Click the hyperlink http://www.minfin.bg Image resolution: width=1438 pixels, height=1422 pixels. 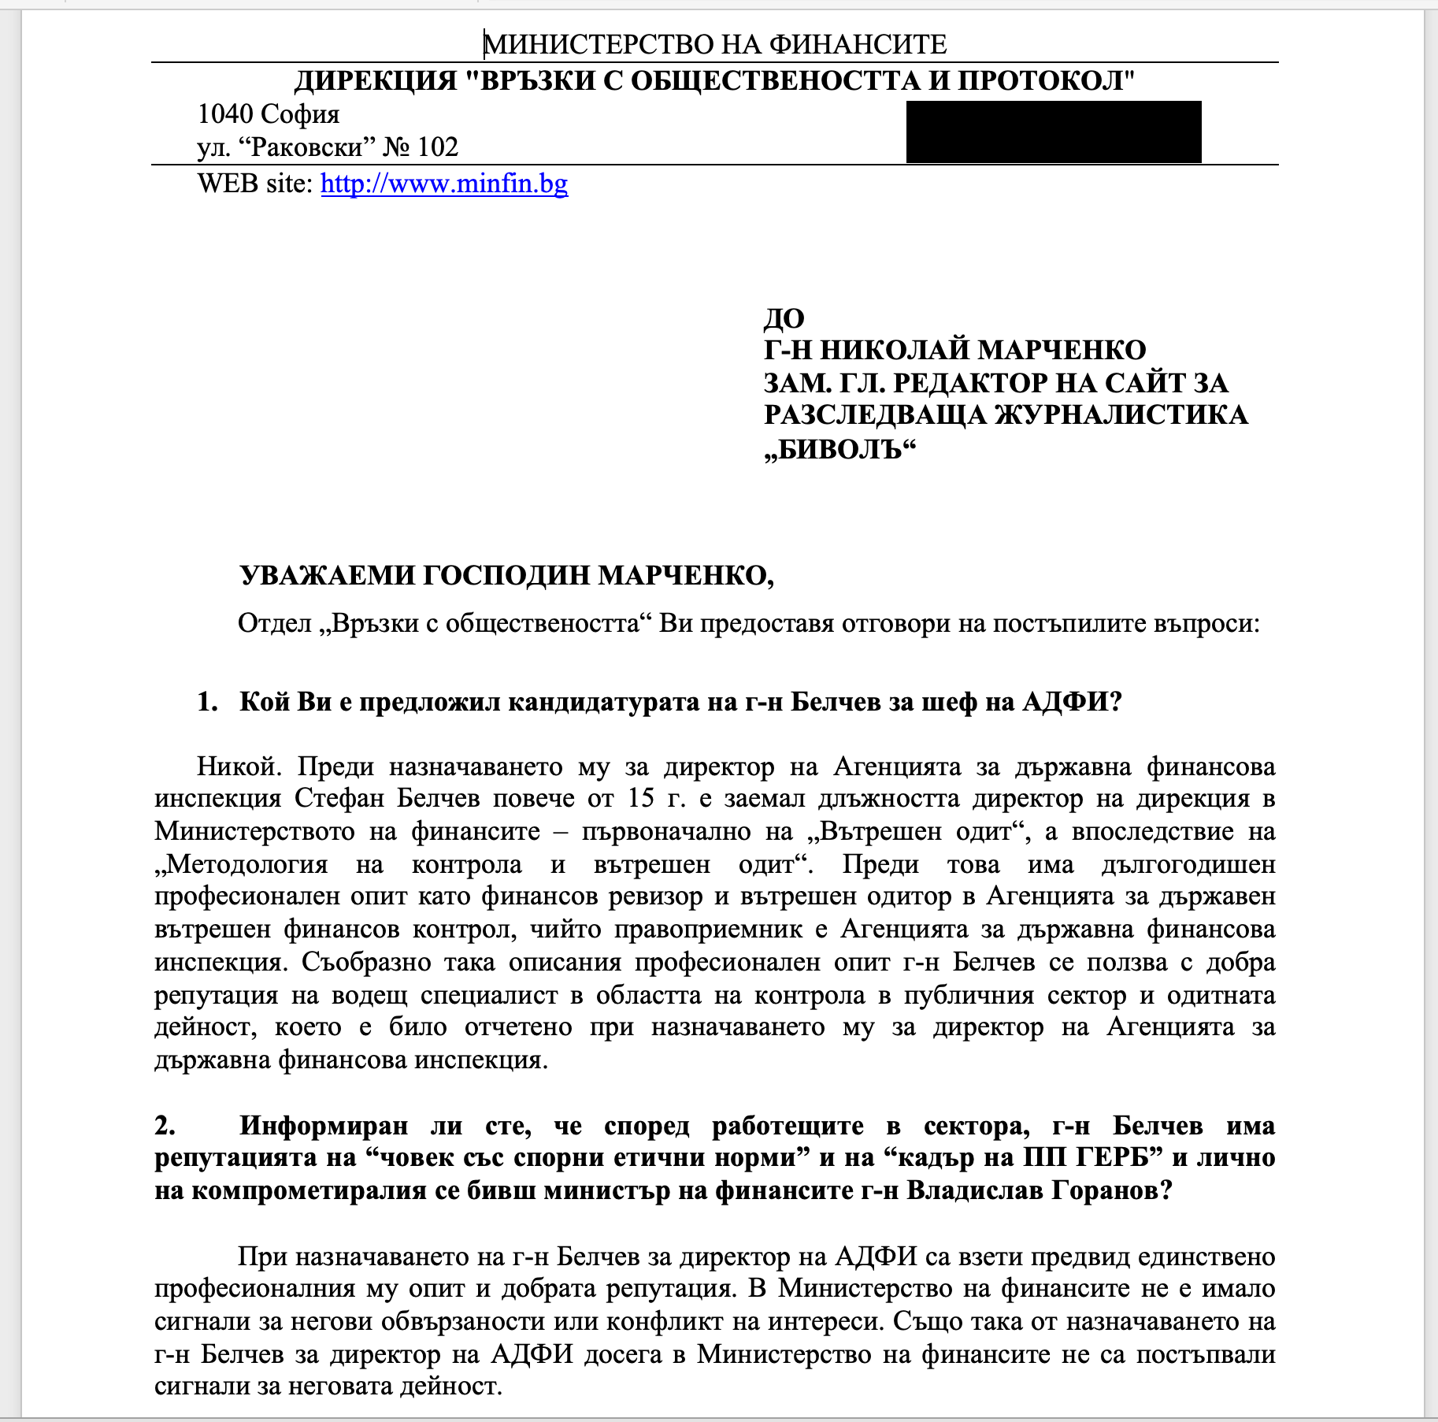coord(444,184)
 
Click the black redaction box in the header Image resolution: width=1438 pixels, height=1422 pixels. coord(1053,132)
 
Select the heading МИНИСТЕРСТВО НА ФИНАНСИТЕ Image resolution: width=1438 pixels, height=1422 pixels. coord(715,44)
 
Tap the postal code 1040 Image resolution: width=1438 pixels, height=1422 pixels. coord(225,114)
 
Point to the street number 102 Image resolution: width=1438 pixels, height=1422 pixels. coord(438,147)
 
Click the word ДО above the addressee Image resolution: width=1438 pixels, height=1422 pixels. coord(784,318)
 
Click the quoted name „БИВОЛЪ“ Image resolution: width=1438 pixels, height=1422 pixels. coord(840,449)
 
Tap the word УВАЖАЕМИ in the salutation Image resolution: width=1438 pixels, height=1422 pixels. coord(326,576)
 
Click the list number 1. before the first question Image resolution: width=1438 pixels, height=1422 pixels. coord(207,701)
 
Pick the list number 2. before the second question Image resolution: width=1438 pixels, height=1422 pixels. coord(165,1126)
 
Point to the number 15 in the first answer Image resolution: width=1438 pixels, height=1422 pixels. coord(641,799)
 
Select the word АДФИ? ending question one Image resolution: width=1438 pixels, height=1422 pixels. coord(1072,701)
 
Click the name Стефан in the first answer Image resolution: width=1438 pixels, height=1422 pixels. coord(339,799)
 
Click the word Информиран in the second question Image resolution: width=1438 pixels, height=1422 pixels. coord(324,1126)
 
